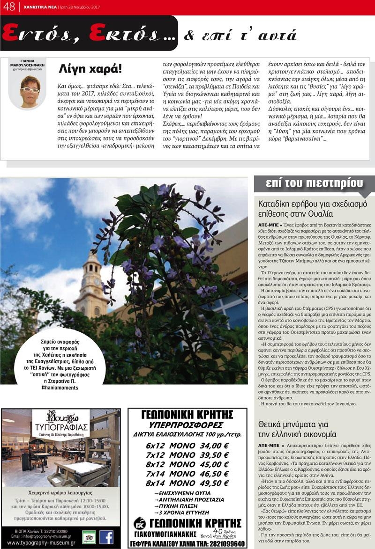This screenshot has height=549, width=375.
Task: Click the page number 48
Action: point(9,7)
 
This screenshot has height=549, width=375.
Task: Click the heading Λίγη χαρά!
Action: point(90,68)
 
